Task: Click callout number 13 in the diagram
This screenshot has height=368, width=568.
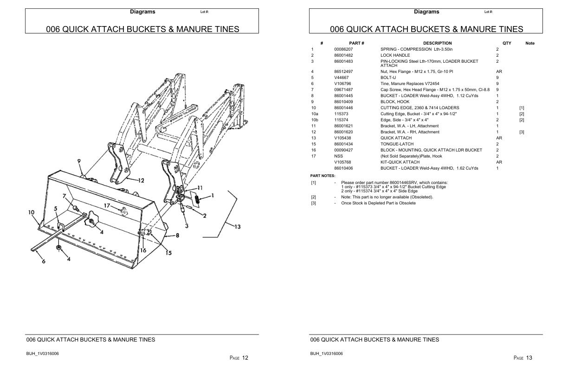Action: pos(237,226)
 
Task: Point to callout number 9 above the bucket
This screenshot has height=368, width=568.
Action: pos(80,161)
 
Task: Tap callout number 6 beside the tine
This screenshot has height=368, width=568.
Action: pos(44,261)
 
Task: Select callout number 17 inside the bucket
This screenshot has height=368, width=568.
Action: pos(107,206)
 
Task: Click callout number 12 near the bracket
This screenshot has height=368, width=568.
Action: pos(141,180)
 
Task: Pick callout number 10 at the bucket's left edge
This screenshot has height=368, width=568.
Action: pos(31,212)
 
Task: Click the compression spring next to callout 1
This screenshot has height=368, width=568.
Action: pos(196,200)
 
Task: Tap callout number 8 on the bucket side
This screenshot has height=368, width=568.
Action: pos(177,236)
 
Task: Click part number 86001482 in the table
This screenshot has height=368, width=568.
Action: pos(343,55)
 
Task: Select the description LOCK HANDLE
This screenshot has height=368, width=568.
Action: pos(395,55)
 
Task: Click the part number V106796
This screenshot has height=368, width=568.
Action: pos(342,84)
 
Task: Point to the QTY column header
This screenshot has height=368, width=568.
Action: pos(507,43)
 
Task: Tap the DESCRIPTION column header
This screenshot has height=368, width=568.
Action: pos(437,43)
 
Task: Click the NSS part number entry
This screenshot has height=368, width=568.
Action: pos(338,156)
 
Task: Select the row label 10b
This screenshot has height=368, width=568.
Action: pos(315,120)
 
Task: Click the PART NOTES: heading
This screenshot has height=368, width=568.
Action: pos(323,176)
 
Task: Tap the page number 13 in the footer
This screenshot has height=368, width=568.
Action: pos(529,358)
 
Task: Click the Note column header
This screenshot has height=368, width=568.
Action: pos(529,43)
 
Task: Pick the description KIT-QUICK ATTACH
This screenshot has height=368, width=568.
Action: pos(400,162)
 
